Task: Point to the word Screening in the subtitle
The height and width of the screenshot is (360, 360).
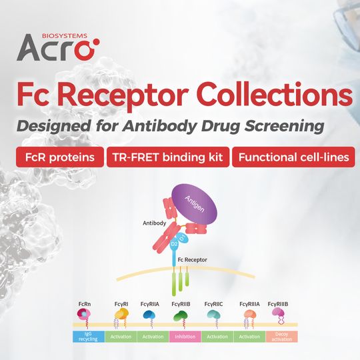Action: [289, 126]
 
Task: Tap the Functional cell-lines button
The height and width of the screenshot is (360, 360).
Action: [293, 157]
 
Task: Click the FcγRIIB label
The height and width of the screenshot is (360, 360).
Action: [185, 305]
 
